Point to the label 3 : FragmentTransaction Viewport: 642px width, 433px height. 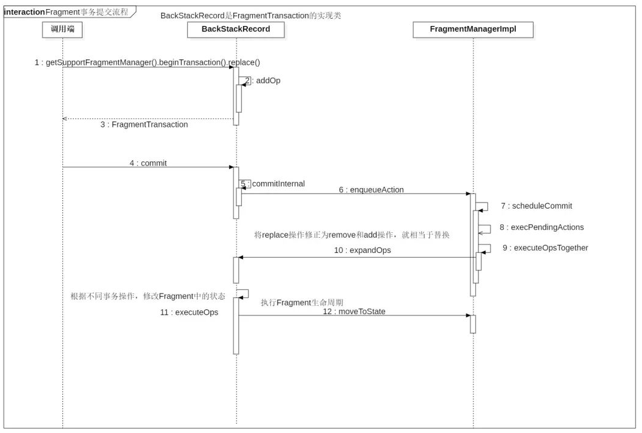pos(144,125)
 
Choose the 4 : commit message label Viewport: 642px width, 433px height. pos(148,163)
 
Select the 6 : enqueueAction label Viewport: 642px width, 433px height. pos(372,190)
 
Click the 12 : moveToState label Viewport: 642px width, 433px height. pos(354,312)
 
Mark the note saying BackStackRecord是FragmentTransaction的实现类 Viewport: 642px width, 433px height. pos(250,16)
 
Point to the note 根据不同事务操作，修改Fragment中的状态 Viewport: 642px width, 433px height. pos(148,296)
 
